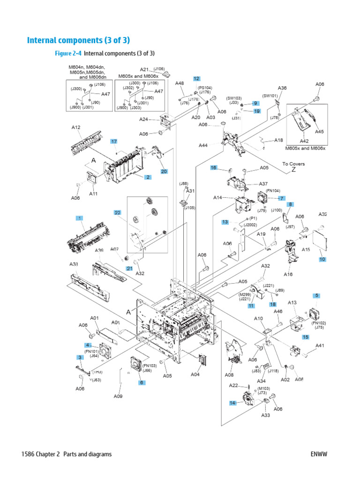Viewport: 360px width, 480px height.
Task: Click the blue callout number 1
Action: [x=80, y=218]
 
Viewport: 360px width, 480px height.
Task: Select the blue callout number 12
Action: [x=196, y=79]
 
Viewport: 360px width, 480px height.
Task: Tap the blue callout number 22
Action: [x=118, y=212]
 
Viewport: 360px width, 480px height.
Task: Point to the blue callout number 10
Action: [x=322, y=259]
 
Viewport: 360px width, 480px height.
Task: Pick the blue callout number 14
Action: [x=232, y=403]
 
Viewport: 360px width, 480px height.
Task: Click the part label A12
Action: [x=76, y=127]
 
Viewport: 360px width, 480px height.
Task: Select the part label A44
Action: [x=203, y=146]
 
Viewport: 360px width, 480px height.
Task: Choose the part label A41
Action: [x=320, y=346]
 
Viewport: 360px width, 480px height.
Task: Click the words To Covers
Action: [x=293, y=164]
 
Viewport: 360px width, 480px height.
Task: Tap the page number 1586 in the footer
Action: [x=29, y=454]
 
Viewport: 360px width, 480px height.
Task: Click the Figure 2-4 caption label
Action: [x=68, y=53]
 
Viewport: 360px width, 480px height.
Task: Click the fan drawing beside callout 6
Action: [x=137, y=364]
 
